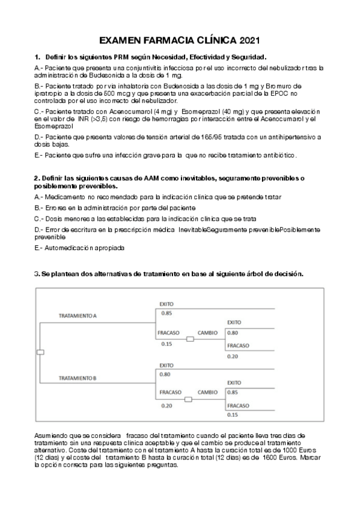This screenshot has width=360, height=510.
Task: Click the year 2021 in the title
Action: pos(249,41)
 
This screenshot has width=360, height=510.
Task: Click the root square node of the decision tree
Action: pos(40,352)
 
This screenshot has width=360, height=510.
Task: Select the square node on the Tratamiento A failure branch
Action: pos(190,339)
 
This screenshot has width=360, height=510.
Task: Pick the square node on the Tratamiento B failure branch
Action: pos(188,399)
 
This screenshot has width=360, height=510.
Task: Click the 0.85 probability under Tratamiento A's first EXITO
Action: pos(166,313)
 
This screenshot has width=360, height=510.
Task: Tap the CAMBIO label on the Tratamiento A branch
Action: pos(208,333)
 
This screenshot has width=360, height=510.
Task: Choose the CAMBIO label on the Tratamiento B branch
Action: pos(208,392)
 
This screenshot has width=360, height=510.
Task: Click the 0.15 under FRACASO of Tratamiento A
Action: pos(166,344)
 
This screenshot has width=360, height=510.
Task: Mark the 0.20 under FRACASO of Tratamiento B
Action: pos(166,405)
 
